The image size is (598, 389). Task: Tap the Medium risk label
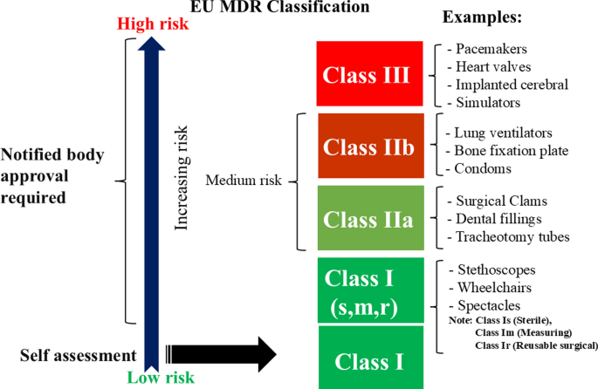click(244, 181)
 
